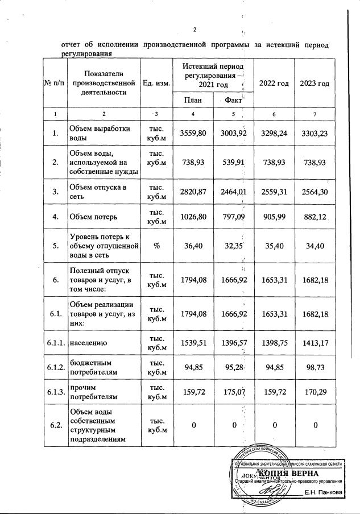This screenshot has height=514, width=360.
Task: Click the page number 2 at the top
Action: pyautogui.click(x=195, y=30)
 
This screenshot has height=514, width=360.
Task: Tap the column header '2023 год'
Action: pyautogui.click(x=314, y=84)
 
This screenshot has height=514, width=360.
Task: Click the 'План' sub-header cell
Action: pyautogui.click(x=193, y=100)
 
